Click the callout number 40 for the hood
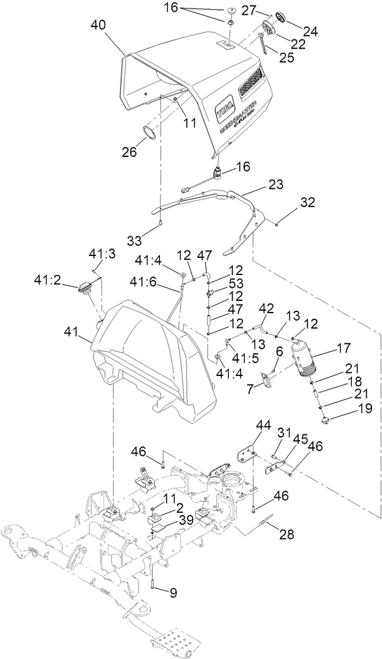(x=99, y=25)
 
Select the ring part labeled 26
(x=150, y=132)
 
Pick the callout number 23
(x=276, y=184)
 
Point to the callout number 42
(x=266, y=307)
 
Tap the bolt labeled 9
(x=151, y=585)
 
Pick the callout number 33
(x=150, y=238)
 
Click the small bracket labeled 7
(x=266, y=381)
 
